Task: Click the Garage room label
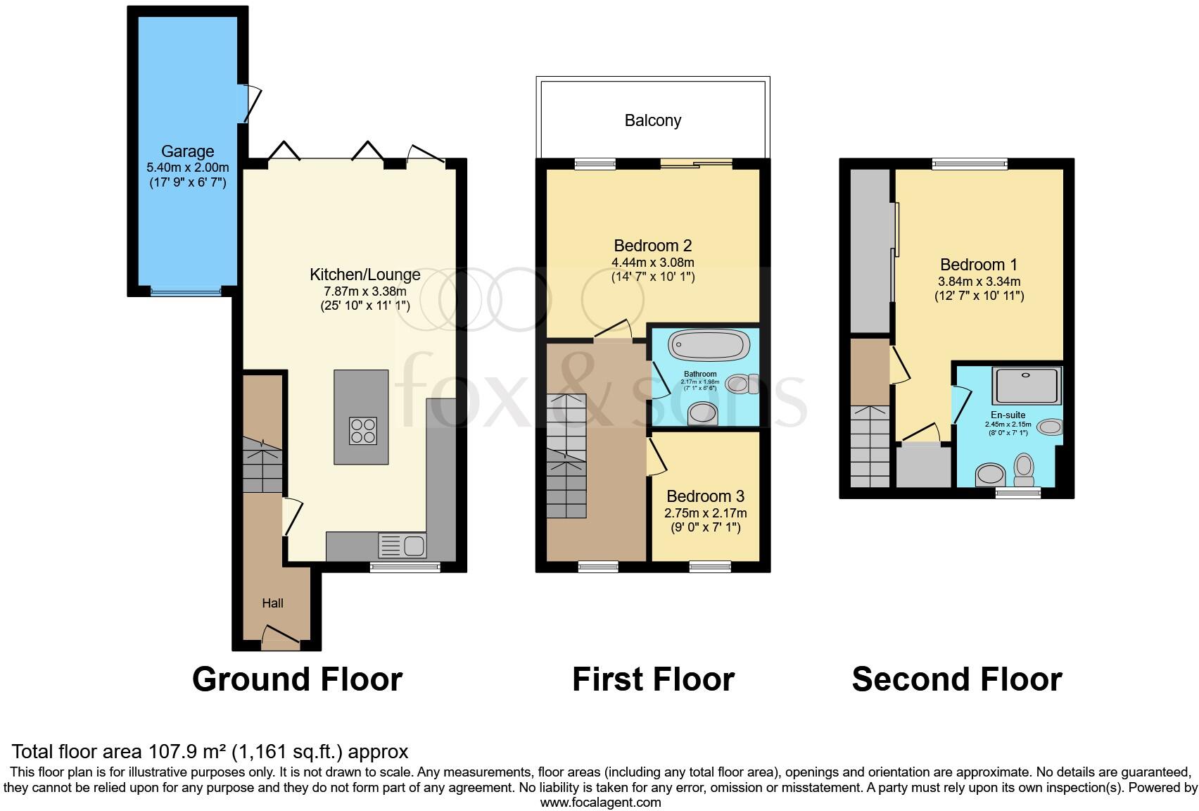(187, 151)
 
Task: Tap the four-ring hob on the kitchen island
(363, 430)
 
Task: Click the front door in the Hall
(280, 636)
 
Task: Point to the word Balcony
(653, 120)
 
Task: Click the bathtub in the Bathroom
(709, 345)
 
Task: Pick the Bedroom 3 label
(705, 496)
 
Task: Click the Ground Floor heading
(297, 679)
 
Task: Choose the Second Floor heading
(956, 679)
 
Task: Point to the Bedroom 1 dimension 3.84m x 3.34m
(979, 281)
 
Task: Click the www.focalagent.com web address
(600, 802)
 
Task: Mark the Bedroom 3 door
(656, 456)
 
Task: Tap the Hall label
(273, 603)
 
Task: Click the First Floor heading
(653, 679)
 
